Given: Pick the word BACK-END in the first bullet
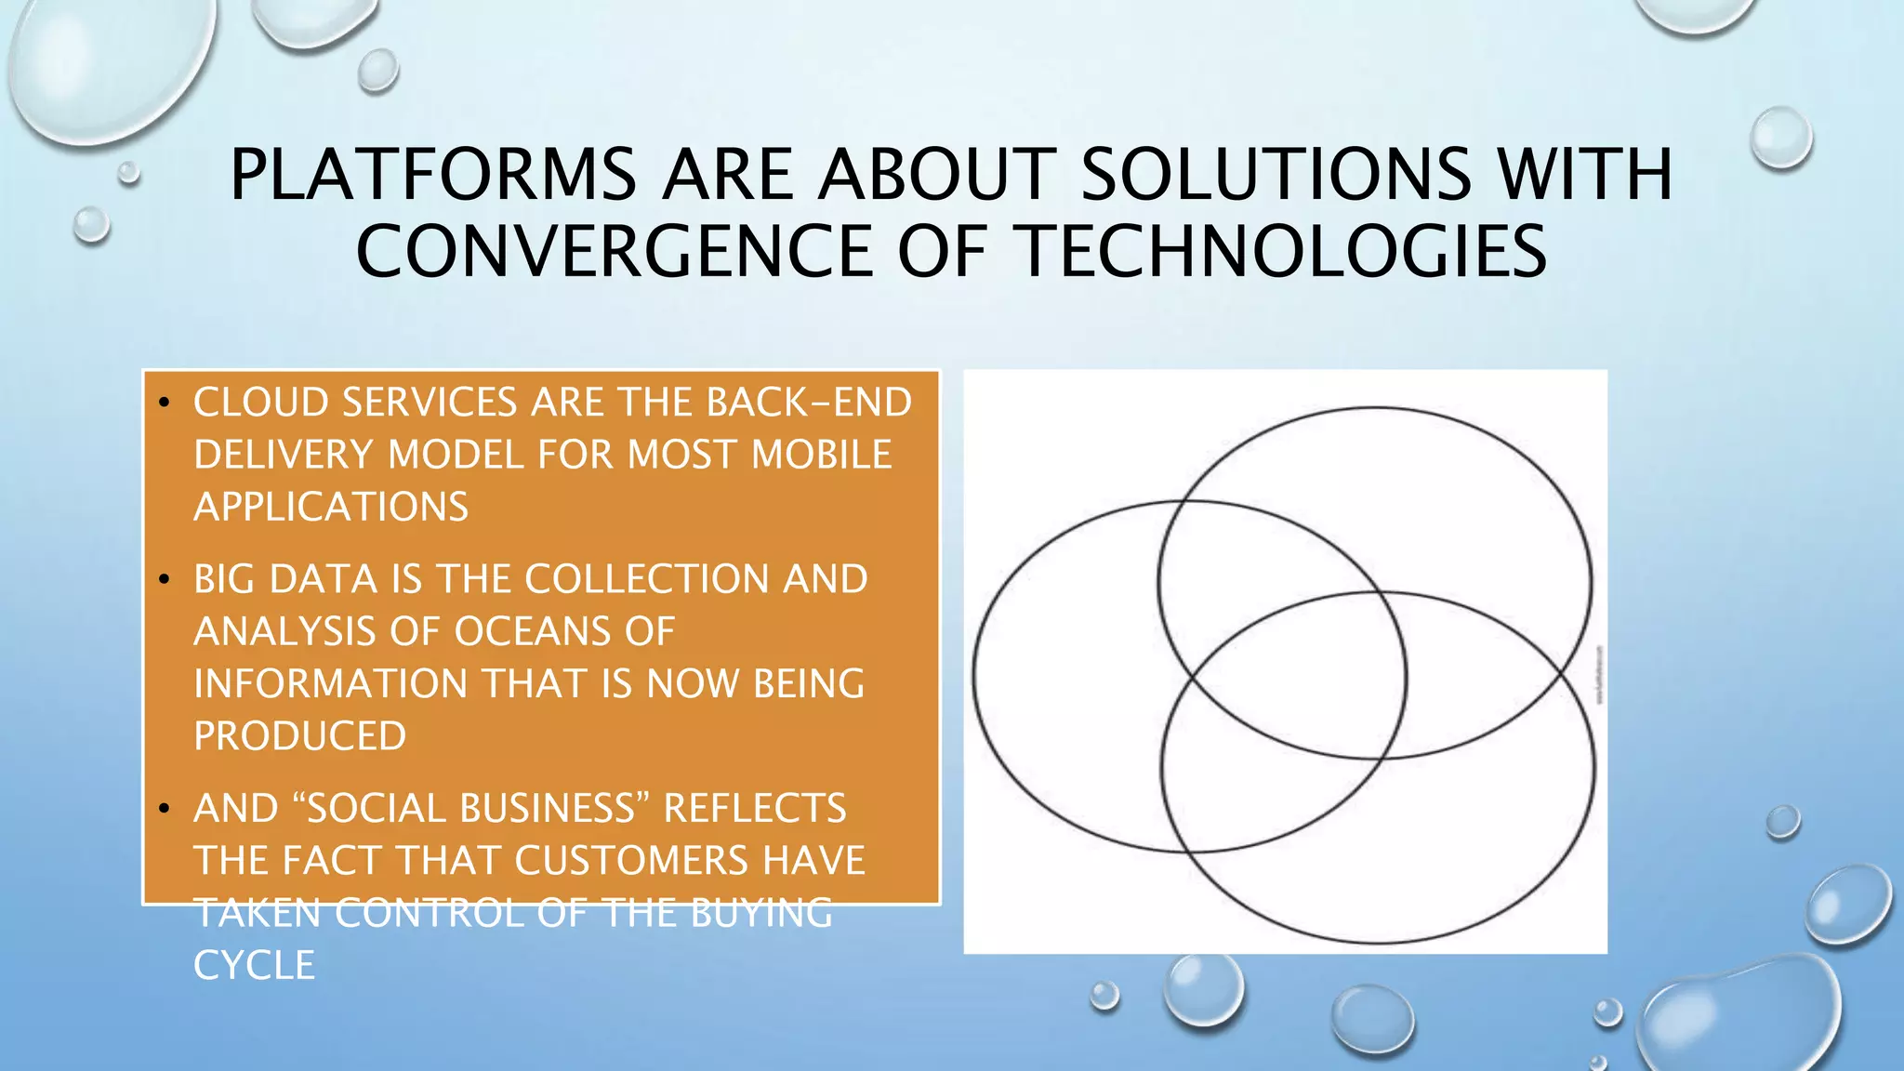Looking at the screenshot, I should click(809, 403).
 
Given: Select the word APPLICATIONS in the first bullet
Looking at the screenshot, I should click(331, 507).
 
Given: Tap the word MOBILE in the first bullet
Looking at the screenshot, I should click(822, 455).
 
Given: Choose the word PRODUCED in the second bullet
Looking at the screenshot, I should click(299, 735).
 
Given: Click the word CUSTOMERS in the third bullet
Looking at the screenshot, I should click(631, 860).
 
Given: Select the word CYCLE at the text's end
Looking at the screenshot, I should click(254, 965).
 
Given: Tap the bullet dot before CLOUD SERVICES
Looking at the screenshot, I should click(164, 403).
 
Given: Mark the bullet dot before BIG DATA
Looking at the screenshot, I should click(164, 580).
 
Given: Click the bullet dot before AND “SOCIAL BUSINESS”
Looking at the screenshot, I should click(164, 809).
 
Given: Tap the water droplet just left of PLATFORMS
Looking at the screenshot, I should click(128, 172).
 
